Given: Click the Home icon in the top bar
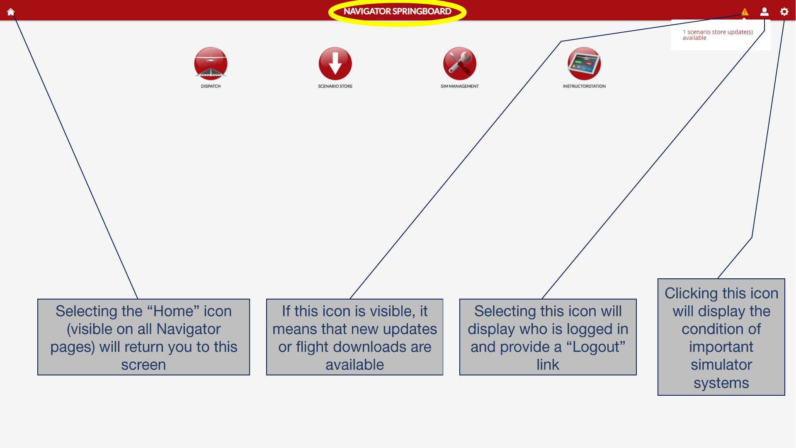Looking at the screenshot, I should (11, 12).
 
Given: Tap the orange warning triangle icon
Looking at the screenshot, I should (745, 12).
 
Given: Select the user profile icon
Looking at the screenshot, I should (764, 12).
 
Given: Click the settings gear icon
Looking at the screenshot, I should (784, 12).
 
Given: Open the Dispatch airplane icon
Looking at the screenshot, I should (211, 63).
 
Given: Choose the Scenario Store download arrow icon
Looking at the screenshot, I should (335, 63).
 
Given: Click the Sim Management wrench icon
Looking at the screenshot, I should (460, 63).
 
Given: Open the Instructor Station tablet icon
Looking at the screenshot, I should (584, 63).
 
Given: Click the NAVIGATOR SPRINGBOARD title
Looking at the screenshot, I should (397, 12).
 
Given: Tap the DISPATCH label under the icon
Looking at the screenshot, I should (211, 86).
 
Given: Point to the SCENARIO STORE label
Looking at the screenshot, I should (335, 86).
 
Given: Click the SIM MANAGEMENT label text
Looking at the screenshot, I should (460, 86).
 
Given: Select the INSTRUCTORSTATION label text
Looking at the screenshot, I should (584, 86).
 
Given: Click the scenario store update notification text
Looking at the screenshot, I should (718, 35).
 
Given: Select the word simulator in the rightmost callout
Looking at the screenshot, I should (721, 365).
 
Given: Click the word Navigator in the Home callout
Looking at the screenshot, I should (189, 329).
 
